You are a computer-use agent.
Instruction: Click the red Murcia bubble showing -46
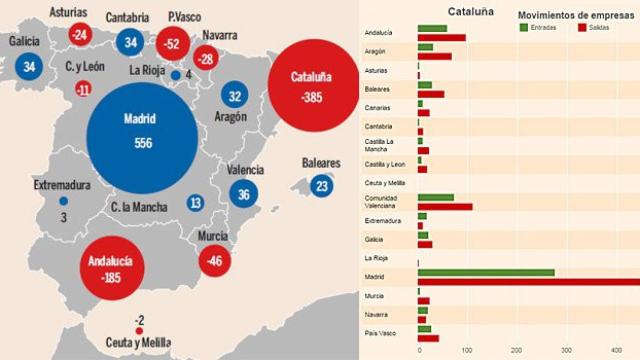[212, 259]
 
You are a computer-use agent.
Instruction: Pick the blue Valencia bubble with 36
[244, 196]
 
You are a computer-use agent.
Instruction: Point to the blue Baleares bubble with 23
[321, 186]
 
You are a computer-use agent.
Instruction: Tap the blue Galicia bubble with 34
[30, 67]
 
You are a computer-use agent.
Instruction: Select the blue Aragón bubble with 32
[235, 97]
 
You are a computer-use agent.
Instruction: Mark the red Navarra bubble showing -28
[206, 59]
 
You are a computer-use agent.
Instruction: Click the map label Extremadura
[62, 185]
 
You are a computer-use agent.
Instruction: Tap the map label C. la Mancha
[139, 206]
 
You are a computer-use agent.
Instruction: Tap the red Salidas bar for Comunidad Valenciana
[445, 207]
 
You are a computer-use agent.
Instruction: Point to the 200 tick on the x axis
[516, 349]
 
